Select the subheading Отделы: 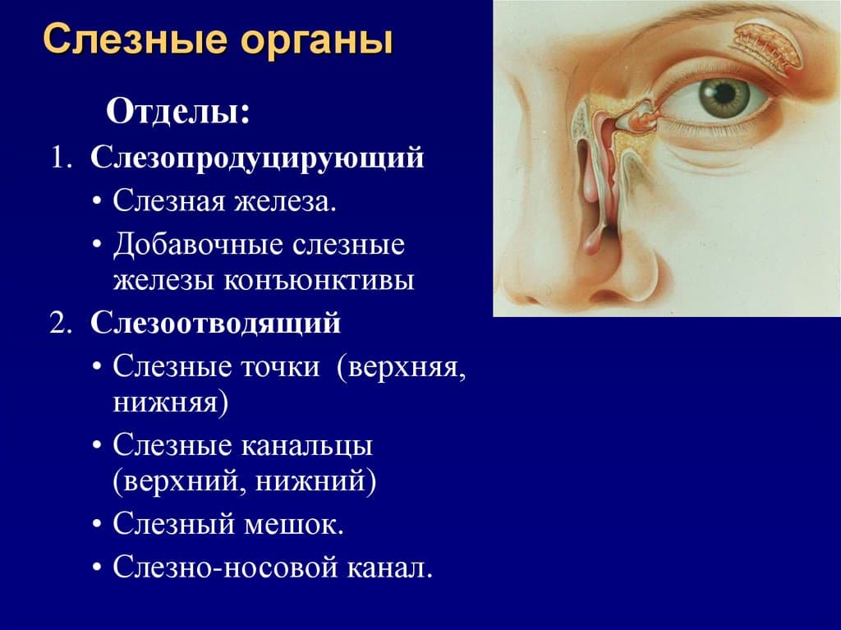pos(178,112)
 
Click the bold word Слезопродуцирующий pos(257,159)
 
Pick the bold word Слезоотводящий pos(216,323)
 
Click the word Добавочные pos(199,245)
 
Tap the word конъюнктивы pos(319,281)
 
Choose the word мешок pos(294,523)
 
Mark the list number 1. pos(61,159)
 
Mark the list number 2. pos(61,324)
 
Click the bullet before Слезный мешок pos(97,524)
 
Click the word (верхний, pos(179,481)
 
